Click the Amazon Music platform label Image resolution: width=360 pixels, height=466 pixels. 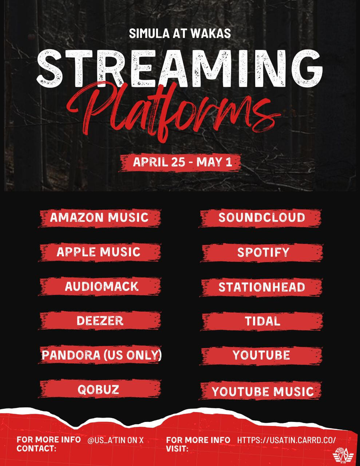pyautogui.click(x=99, y=217)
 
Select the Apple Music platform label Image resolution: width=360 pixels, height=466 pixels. pyautogui.click(x=99, y=252)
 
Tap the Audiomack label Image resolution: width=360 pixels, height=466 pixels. pyautogui.click(x=102, y=286)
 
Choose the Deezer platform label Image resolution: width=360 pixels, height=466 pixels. pyautogui.click(x=100, y=321)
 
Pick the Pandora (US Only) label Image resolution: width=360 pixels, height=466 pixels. pyautogui.click(x=102, y=355)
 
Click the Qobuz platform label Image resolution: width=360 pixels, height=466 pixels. pyautogui.click(x=98, y=390)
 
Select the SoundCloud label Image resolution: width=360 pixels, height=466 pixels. pyautogui.click(x=261, y=218)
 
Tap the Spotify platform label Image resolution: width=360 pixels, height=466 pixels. pyautogui.click(x=263, y=252)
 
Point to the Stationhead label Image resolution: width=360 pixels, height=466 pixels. pyautogui.click(x=261, y=287)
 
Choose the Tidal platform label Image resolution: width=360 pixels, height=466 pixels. pyautogui.click(x=262, y=321)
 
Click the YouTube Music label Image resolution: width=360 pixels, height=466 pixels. pyautogui.click(x=262, y=392)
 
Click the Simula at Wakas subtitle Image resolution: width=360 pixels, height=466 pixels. pyautogui.click(x=180, y=33)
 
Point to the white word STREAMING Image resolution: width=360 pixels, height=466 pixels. pyautogui.click(x=180, y=68)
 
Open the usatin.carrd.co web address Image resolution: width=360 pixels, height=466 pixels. pyautogui.click(x=286, y=440)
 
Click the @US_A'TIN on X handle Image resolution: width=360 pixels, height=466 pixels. pyautogui.click(x=116, y=440)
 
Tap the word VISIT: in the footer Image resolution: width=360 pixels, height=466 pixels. pyautogui.click(x=177, y=449)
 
